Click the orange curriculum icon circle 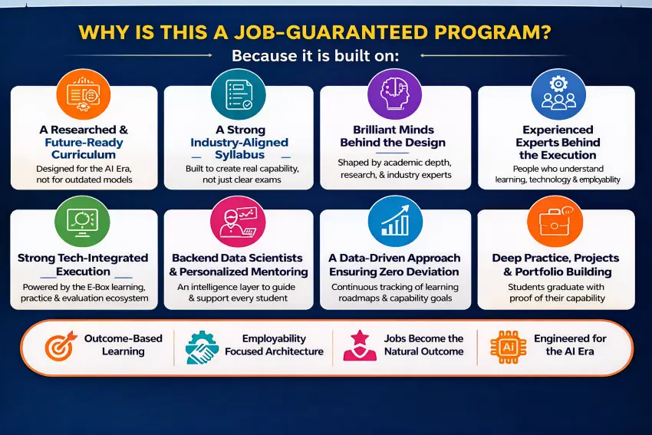(x=83, y=95)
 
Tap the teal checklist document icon (x=239, y=95)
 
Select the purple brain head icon (x=394, y=95)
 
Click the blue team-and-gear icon (x=558, y=95)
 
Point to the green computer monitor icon (x=82, y=222)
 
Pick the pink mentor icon (x=239, y=222)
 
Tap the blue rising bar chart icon (x=395, y=222)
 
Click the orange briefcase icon (x=555, y=222)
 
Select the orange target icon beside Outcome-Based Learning (x=61, y=345)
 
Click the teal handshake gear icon (x=202, y=348)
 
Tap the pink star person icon (x=360, y=345)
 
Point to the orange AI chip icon (x=508, y=347)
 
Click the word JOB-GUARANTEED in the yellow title (x=331, y=32)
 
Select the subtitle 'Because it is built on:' (x=315, y=55)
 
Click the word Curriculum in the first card (x=84, y=155)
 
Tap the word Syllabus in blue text (x=239, y=155)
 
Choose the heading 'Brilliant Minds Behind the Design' (x=393, y=136)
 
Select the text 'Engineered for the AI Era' (x=570, y=344)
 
